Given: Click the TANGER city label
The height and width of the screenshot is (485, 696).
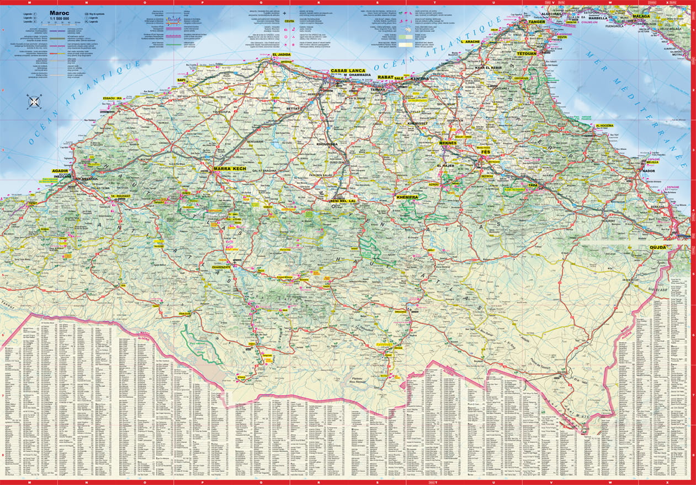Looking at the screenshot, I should pos(536,22).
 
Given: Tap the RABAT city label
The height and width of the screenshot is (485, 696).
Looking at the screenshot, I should pos(385,77).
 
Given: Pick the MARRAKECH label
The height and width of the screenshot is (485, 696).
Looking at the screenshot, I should pos(229,168).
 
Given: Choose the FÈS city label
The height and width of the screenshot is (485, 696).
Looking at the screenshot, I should pos(486,152).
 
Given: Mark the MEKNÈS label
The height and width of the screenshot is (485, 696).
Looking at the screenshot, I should pos(448,143).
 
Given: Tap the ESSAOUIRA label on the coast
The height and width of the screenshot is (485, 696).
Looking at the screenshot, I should pos(112,98).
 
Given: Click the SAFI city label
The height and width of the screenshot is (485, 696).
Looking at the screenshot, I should pos(180,80).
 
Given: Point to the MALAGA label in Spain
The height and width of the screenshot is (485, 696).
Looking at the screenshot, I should pos(641,17).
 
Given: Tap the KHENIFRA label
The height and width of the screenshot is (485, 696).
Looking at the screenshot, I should pos(407,197).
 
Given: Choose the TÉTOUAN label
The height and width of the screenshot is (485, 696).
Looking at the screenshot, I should pos(526,53).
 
